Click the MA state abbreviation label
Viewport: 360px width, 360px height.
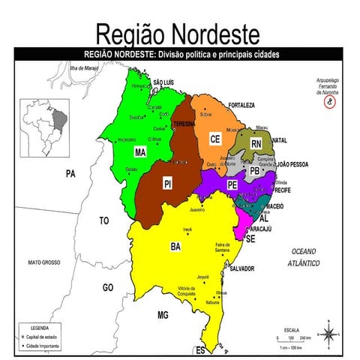(139, 152)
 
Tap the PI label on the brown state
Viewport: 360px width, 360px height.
(169, 183)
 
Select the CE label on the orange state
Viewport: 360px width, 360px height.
(214, 139)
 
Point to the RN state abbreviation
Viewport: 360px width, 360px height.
(256, 143)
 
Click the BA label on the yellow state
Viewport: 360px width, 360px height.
(175, 245)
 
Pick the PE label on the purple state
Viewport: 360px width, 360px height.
(232, 184)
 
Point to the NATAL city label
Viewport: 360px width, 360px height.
(280, 140)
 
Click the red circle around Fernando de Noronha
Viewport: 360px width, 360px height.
(329, 103)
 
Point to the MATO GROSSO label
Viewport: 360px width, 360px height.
(43, 262)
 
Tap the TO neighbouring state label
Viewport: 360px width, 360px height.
(103, 221)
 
